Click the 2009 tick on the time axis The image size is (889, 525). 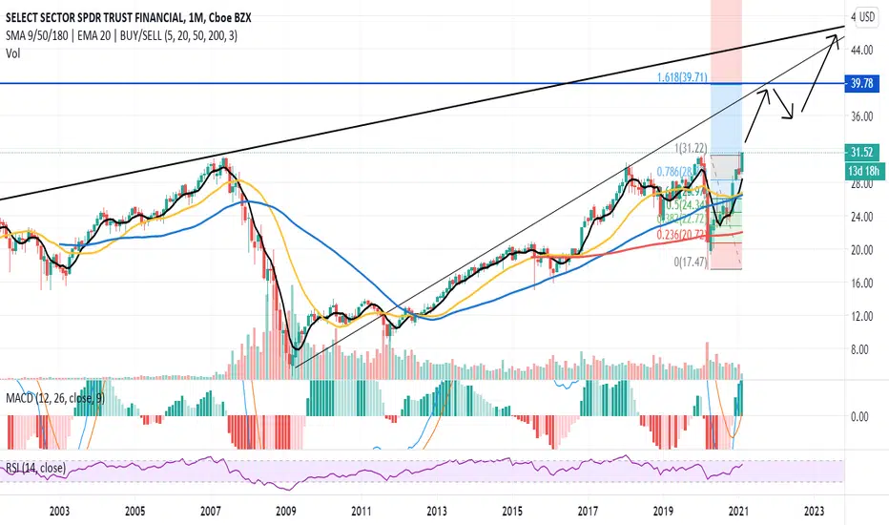[284, 513]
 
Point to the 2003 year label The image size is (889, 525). [57, 513]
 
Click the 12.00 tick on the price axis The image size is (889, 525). [862, 316]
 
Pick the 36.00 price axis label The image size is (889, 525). [862, 116]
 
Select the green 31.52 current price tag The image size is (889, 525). [861, 151]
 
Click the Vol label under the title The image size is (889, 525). [13, 52]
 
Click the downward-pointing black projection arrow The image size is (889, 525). [784, 105]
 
